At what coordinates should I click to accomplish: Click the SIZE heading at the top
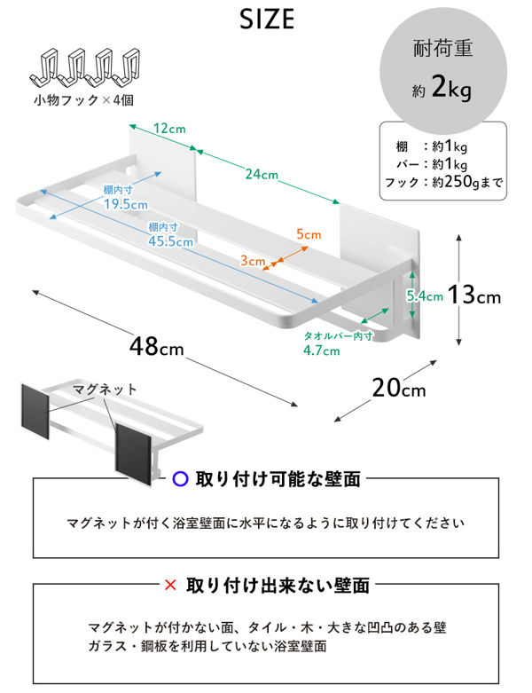tap(267, 20)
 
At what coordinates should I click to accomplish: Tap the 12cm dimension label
tap(169, 129)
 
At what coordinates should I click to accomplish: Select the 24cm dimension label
tap(262, 174)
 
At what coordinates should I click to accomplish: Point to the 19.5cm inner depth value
tap(126, 205)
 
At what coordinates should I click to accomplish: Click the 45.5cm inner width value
tap(170, 241)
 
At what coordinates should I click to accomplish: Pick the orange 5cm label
tap(309, 234)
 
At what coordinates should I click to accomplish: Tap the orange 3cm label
tap(253, 261)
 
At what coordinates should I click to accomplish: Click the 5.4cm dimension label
tap(425, 296)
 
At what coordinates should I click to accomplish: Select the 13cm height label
tap(474, 295)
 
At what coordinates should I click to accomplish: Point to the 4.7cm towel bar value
tap(321, 350)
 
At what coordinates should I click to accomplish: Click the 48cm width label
tap(157, 346)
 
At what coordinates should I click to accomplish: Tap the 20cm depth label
tap(399, 388)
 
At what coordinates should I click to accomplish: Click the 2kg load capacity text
tap(451, 88)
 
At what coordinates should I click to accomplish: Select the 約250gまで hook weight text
tap(467, 182)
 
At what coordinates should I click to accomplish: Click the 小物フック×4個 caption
tap(84, 100)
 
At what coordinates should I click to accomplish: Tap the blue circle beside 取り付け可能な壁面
tap(181, 478)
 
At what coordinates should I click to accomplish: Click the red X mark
tap(170, 585)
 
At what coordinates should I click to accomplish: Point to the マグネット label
tap(105, 390)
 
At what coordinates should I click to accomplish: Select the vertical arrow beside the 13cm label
tap(459, 290)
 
